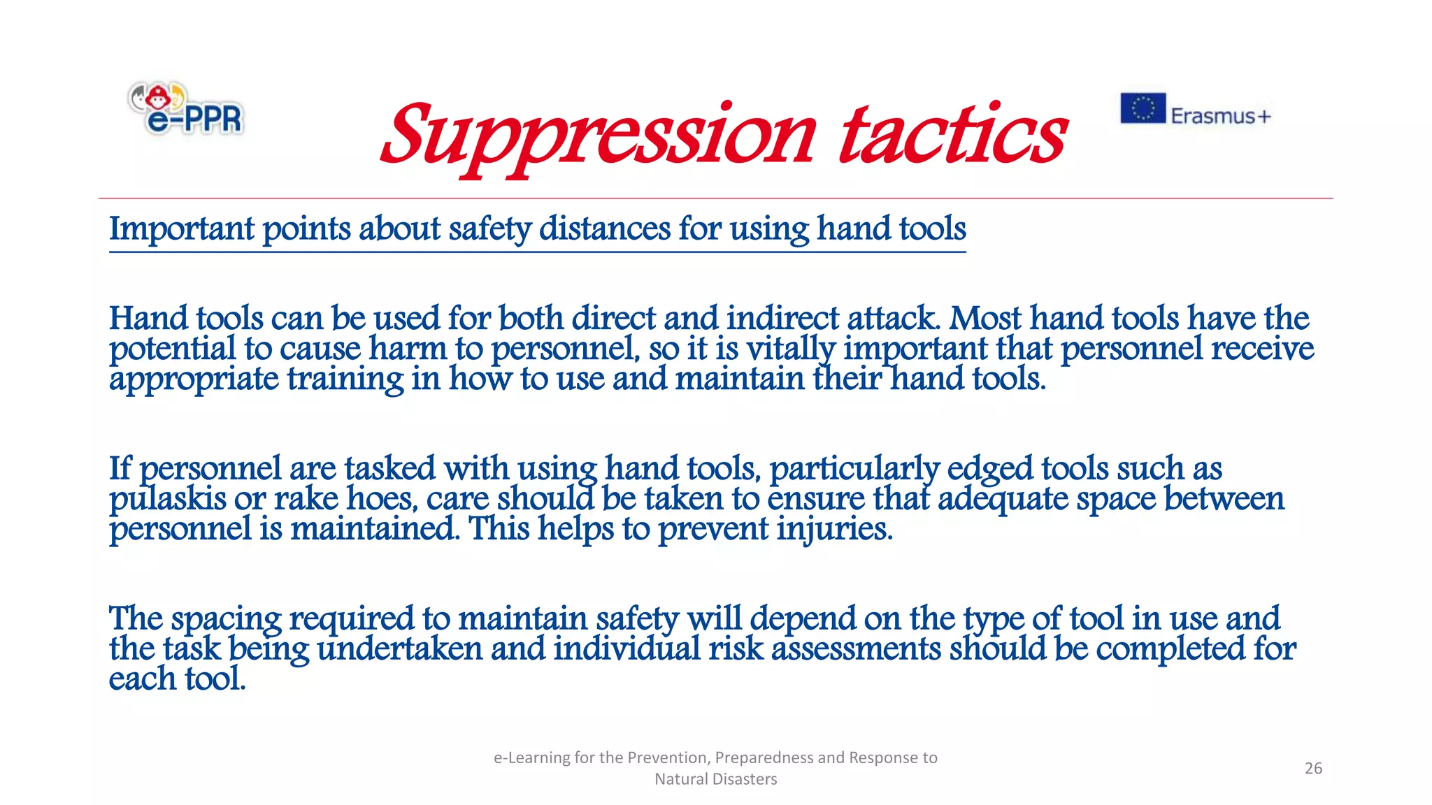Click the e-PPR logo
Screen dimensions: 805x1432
tap(186, 109)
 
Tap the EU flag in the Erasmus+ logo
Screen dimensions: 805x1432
tap(1143, 108)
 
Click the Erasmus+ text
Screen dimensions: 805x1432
tap(1220, 116)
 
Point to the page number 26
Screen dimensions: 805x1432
tap(1313, 768)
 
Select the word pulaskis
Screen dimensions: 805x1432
tap(167, 500)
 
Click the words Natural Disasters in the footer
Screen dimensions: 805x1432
tap(715, 779)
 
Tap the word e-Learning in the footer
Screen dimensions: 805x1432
tap(531, 757)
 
